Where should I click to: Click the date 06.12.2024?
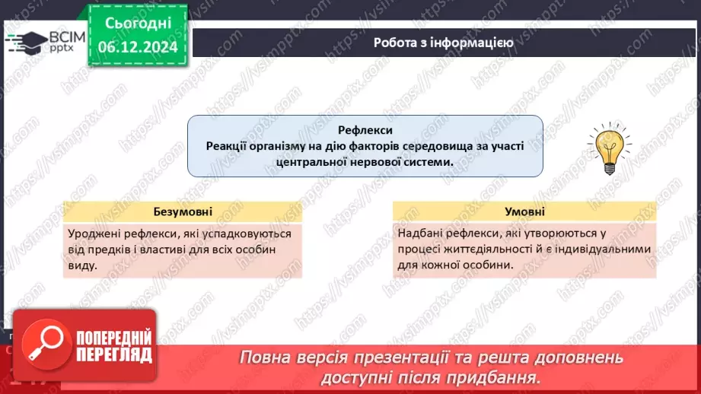click(138, 47)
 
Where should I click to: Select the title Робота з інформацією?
click(443, 43)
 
